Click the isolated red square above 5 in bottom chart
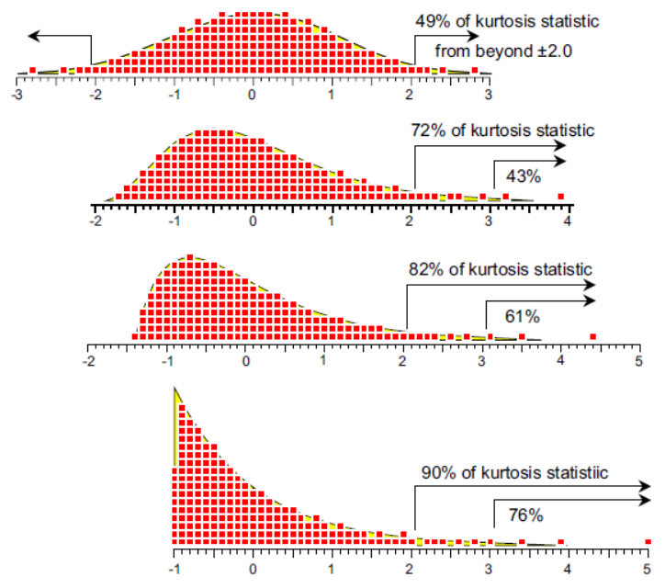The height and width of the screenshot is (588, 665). (648, 541)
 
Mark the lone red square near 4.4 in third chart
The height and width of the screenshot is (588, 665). (592, 336)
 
